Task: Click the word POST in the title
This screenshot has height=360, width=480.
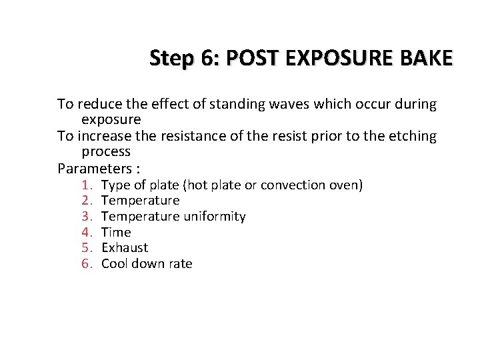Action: point(251,58)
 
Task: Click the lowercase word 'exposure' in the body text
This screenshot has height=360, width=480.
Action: point(111,120)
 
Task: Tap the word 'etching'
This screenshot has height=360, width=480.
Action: point(412,136)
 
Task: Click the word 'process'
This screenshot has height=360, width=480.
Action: point(106,152)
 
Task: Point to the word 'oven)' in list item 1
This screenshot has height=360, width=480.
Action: point(345,185)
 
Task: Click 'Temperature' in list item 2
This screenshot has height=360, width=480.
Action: point(140,201)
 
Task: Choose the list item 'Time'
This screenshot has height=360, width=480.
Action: point(116,233)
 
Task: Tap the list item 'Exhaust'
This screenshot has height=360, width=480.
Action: point(125,248)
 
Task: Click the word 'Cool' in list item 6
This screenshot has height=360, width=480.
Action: point(114,264)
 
